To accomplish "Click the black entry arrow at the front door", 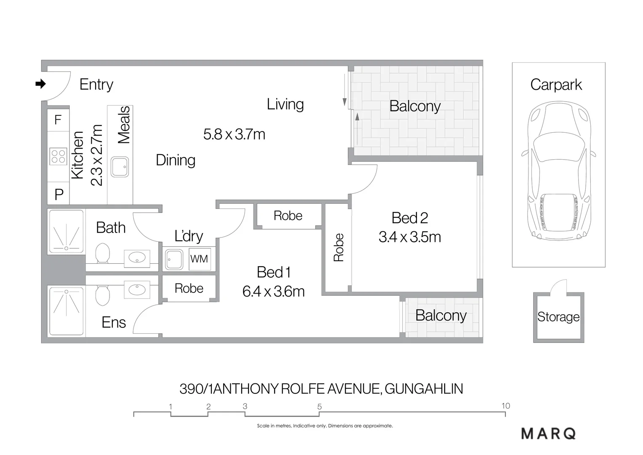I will pyautogui.click(x=40, y=84).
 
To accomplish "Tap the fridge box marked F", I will pyautogui.click(x=58, y=120).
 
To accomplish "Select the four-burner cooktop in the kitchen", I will pyautogui.click(x=58, y=156).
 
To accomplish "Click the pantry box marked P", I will pyautogui.click(x=59, y=194).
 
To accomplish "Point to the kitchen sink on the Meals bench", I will pyautogui.click(x=120, y=167).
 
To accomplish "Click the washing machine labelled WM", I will pyautogui.click(x=199, y=259).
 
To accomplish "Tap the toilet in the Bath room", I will pyautogui.click(x=102, y=253).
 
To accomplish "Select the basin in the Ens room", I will pyautogui.click(x=137, y=289).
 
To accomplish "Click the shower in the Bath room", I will pyautogui.click(x=66, y=232).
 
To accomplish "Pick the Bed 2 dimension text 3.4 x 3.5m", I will pyautogui.click(x=409, y=237).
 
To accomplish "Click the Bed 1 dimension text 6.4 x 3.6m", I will pyautogui.click(x=273, y=292).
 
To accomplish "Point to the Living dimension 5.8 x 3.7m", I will pyautogui.click(x=234, y=134).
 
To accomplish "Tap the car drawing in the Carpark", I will pyautogui.click(x=558, y=171).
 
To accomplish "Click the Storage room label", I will pyautogui.click(x=558, y=317).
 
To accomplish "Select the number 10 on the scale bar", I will pyautogui.click(x=505, y=406).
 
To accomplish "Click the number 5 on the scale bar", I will pyautogui.click(x=320, y=407).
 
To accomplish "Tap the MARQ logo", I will pyautogui.click(x=548, y=434).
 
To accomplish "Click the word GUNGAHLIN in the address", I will pyautogui.click(x=424, y=388).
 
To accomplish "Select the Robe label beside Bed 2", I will pyautogui.click(x=339, y=248).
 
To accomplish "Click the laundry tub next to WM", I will pyautogui.click(x=174, y=259).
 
